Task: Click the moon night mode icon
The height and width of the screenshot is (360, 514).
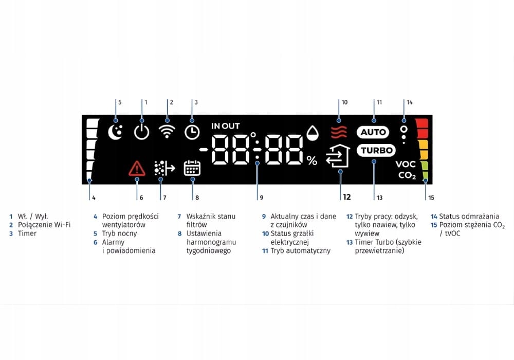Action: coord(116,132)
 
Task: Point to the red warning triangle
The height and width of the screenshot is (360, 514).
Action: coord(137,168)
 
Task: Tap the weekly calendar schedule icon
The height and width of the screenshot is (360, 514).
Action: coord(192,168)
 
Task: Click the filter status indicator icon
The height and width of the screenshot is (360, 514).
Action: coord(164,168)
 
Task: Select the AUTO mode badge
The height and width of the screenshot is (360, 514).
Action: coord(373,132)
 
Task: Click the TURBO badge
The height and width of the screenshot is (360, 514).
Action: coord(376,151)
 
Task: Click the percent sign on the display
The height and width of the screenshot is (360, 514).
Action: coord(312,160)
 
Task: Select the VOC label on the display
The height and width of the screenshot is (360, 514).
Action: coord(406,165)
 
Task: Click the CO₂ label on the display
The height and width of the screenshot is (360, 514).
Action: coord(407,175)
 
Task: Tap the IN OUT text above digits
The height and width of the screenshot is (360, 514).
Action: coord(225,126)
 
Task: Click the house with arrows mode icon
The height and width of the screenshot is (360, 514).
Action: coord(337,157)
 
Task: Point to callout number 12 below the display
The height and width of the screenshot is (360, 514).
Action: coord(346,197)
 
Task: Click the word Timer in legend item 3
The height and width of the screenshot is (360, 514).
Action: coord(27,233)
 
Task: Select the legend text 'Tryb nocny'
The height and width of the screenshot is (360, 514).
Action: coord(119,233)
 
